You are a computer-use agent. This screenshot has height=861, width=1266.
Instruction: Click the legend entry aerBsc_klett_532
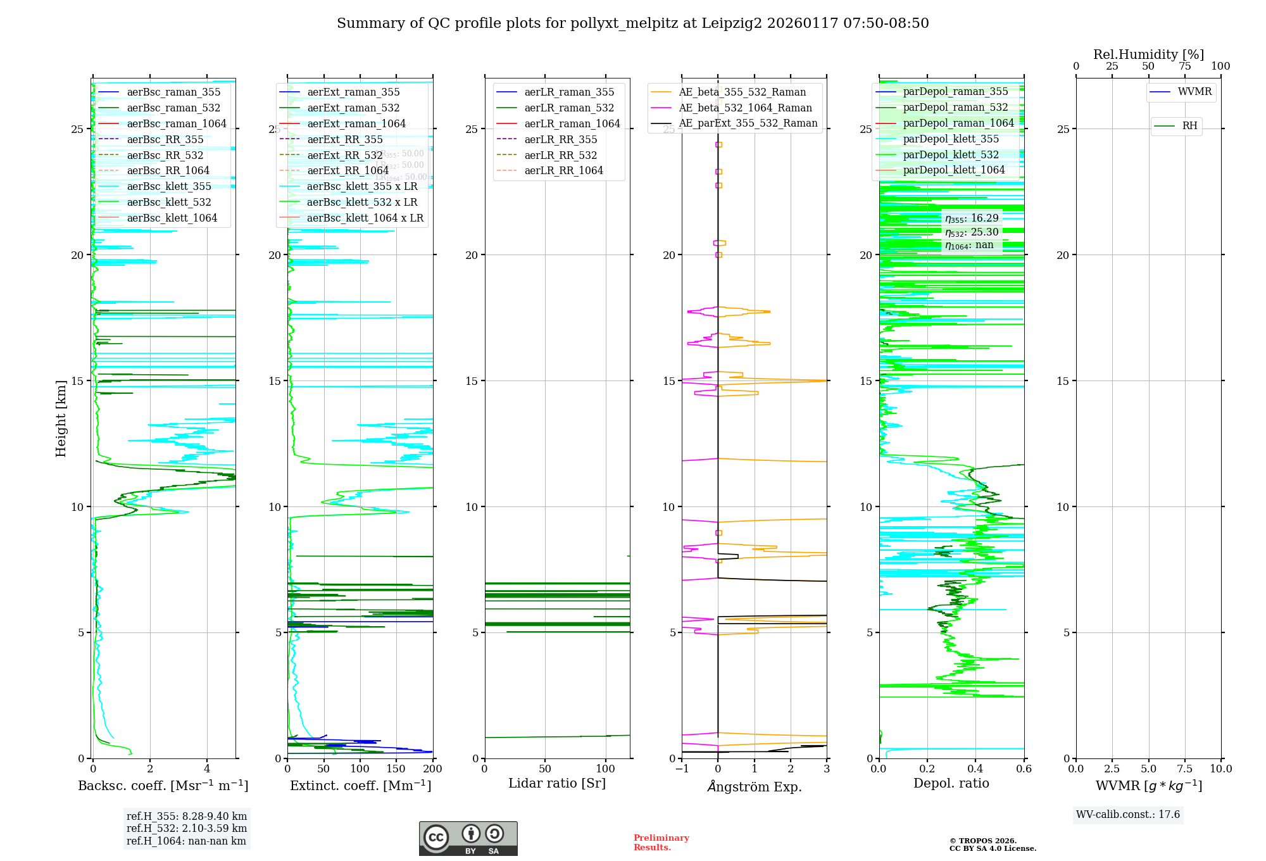coord(168,203)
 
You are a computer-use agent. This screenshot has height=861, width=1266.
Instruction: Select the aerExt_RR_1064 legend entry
coord(348,171)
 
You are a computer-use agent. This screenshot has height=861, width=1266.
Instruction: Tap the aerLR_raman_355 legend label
coord(569,92)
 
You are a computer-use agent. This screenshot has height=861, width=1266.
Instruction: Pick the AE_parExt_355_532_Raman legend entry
coord(748,123)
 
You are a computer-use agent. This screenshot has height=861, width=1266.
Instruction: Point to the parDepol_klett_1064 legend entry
coord(953,170)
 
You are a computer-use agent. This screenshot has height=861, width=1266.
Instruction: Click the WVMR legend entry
coord(1194,92)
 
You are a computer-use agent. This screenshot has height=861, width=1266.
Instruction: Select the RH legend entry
coord(1189,126)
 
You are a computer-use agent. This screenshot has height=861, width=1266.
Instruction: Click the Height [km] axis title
coord(61,418)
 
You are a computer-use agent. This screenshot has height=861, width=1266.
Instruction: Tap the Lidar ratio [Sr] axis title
coord(557,784)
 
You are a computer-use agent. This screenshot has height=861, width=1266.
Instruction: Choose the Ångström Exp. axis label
coord(754,787)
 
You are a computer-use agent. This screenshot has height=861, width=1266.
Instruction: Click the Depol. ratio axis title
coord(951,784)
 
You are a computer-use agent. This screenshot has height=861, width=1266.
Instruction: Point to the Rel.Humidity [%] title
coord(1148,55)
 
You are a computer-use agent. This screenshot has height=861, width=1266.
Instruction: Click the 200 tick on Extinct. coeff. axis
coord(433,769)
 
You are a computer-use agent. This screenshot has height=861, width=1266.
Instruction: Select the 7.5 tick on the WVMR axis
coord(1185,769)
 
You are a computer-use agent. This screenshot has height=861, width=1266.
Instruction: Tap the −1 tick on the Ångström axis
coord(681,769)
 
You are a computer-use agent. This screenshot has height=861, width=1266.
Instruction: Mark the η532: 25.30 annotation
coord(972,232)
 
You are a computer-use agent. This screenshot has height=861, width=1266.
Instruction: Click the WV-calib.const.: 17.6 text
coord(1128,815)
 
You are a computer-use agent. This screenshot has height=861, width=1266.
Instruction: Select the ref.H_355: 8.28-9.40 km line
coord(187,817)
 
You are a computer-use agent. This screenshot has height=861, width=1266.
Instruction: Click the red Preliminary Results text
coord(661,843)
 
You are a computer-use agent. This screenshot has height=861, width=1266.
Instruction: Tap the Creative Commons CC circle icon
coord(436,838)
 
